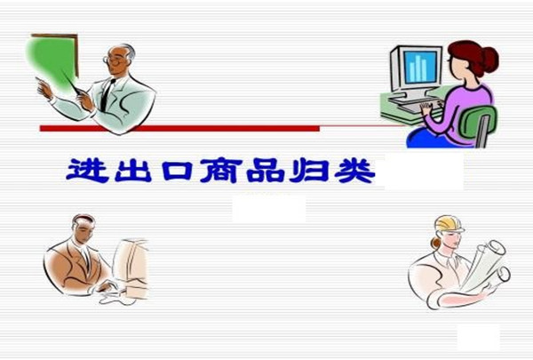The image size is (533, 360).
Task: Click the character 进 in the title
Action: coord(87,170)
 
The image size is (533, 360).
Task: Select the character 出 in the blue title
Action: coord(133,170)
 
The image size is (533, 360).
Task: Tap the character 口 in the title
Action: coord(178,170)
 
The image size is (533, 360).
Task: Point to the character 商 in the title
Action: coord(221,170)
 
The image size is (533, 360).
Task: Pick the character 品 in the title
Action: coord(266,170)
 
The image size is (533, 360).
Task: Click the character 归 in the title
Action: coord(309,170)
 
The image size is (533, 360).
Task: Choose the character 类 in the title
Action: coord(354,170)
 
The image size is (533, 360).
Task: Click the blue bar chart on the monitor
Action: coord(418,68)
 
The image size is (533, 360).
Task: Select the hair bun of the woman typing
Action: coord(489,60)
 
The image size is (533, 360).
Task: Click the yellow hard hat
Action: coord(449,224)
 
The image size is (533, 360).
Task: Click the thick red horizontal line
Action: coord(179,128)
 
